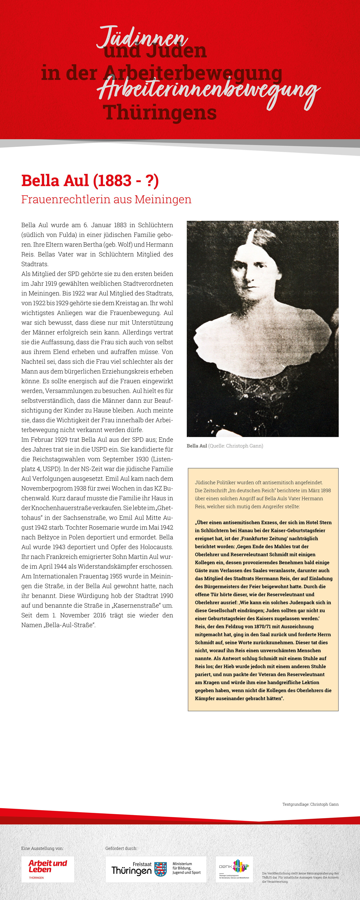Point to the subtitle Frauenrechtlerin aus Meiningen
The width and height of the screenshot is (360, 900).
(x=106, y=199)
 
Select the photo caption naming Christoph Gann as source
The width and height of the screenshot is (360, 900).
(x=225, y=446)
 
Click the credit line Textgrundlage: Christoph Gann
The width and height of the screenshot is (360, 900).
(x=310, y=804)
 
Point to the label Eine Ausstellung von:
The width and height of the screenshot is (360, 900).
(x=42, y=848)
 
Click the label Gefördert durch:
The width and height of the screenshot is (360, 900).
(x=121, y=848)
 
